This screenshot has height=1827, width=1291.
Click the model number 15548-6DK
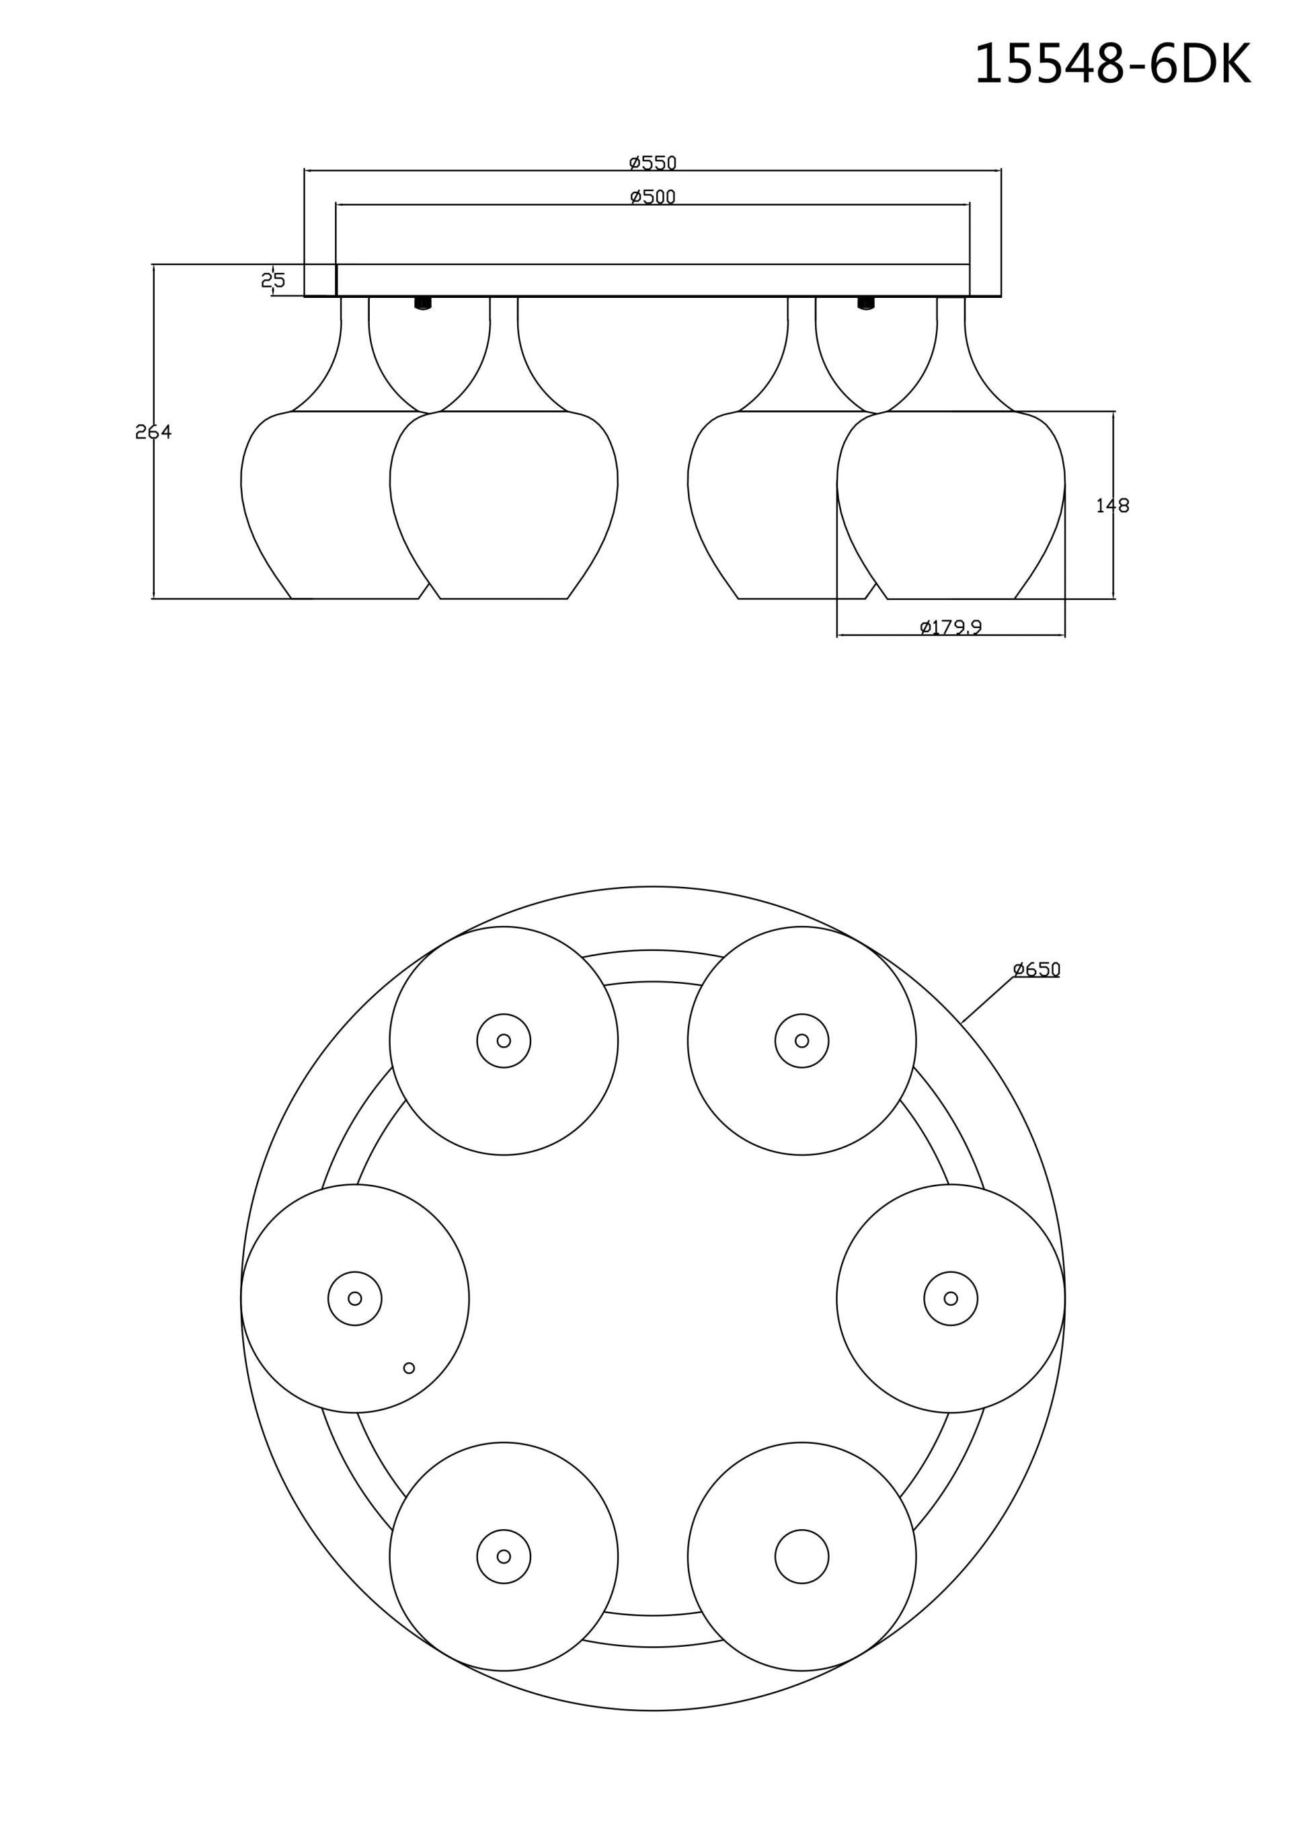point(1112,64)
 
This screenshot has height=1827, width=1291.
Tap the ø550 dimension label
point(653,163)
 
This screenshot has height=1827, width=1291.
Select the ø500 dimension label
point(653,196)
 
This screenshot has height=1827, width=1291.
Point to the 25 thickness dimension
point(273,280)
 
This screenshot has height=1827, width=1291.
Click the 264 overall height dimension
point(153,432)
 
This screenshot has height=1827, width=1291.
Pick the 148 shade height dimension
point(1112,505)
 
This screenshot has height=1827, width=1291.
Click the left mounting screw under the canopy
point(424,303)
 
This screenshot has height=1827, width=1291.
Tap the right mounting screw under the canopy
point(866,303)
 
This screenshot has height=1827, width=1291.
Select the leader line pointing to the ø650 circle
point(987,999)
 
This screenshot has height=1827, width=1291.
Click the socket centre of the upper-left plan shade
point(504,1041)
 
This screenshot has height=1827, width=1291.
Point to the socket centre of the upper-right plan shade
point(801,1041)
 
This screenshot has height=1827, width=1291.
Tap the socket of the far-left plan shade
point(355,1298)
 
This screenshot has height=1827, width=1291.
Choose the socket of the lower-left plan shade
point(504,1557)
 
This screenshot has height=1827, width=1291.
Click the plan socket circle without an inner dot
point(801,1557)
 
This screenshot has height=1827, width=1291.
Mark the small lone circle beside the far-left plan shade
point(409,1368)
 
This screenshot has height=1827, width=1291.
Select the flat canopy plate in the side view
point(653,280)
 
